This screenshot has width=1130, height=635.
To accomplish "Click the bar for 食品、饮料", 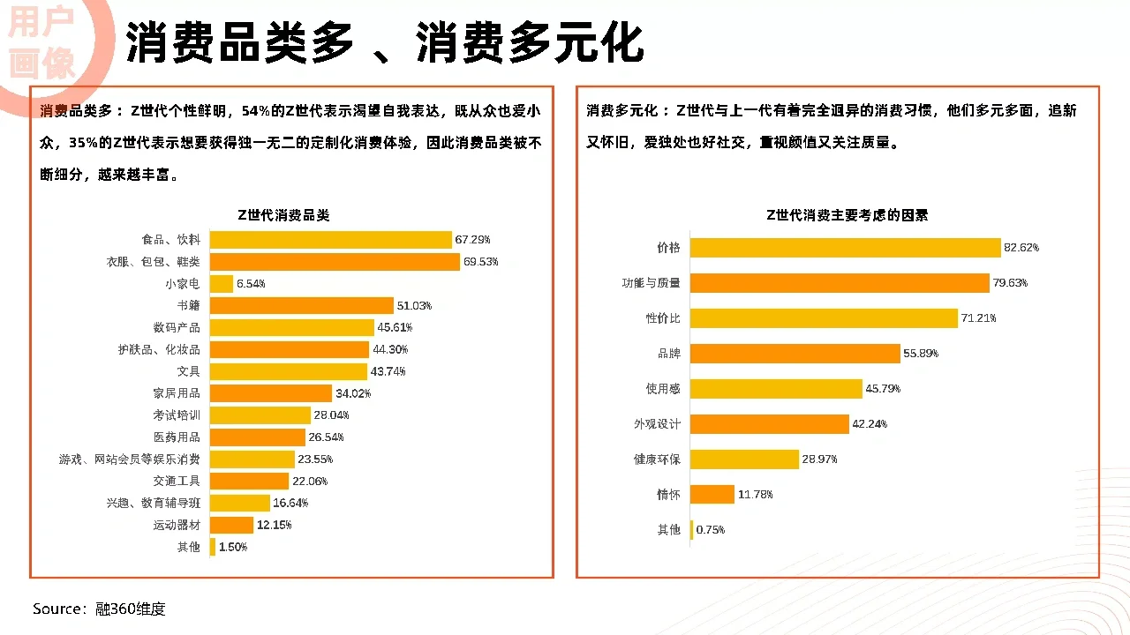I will (x=330, y=240).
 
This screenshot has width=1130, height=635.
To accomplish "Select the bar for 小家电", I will (x=221, y=284).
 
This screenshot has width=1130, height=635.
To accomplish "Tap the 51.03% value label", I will (x=414, y=306).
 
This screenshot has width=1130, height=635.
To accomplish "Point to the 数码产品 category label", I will (x=177, y=327).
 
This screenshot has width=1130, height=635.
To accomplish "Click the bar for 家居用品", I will (x=270, y=393).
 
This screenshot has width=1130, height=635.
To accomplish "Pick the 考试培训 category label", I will (x=177, y=415).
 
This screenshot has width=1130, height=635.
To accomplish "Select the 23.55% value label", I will (x=315, y=459).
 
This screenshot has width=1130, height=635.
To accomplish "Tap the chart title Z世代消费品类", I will (x=283, y=215).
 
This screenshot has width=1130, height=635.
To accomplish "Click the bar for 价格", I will (x=845, y=248).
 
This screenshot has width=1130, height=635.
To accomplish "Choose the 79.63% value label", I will (x=1010, y=283).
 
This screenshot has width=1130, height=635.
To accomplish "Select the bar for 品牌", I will (x=795, y=354).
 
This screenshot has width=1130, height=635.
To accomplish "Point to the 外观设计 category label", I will (x=657, y=424).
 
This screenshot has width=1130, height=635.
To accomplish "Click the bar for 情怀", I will (x=712, y=495).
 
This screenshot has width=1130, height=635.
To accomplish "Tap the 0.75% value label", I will (x=711, y=530).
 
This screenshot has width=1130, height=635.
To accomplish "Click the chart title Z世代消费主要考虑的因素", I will (x=847, y=215).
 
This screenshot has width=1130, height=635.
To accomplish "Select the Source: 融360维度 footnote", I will (x=99, y=609).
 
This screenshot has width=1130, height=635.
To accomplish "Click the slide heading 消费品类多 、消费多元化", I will (x=384, y=42).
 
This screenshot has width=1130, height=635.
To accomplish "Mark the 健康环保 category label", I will (x=657, y=459).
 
